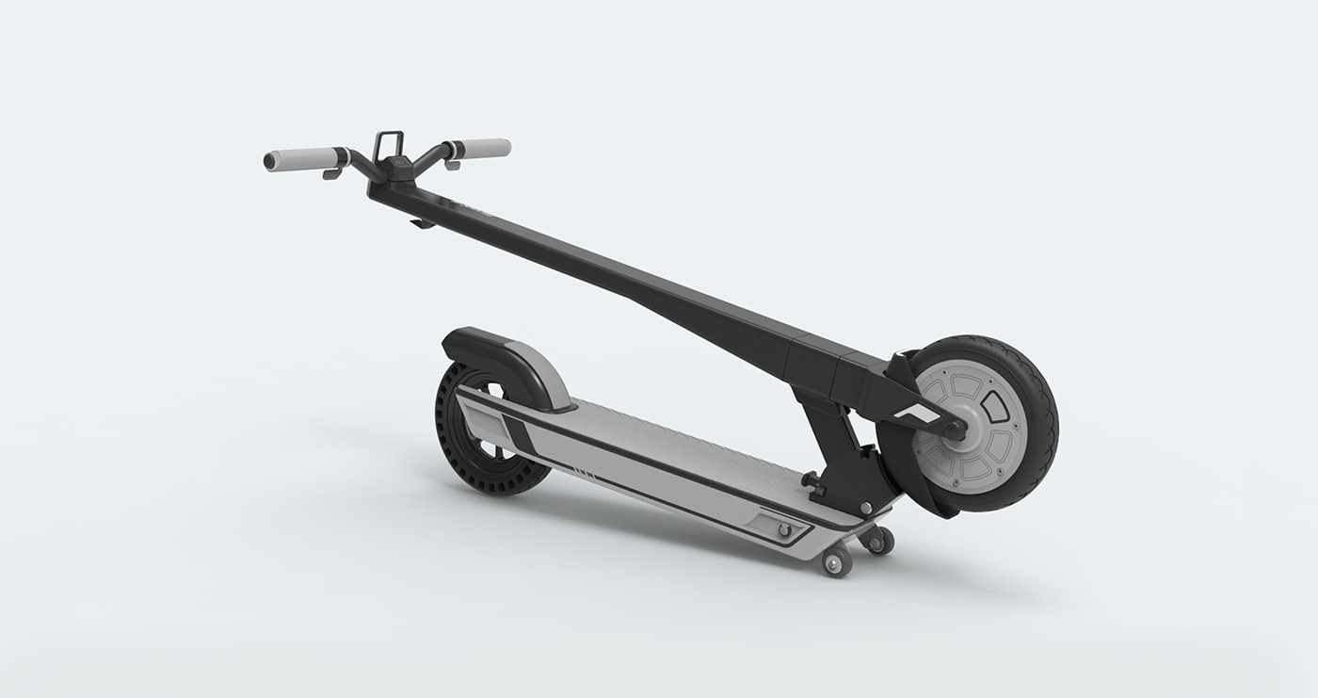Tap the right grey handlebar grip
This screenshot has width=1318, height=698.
point(480,148)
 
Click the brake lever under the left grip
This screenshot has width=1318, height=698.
point(332,174)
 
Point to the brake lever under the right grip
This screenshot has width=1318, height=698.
point(452,165)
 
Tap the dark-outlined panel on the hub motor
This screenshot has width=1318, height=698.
point(992,406)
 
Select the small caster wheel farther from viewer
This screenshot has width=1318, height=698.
point(879,540)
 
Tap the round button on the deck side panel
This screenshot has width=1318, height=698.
point(780,530)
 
